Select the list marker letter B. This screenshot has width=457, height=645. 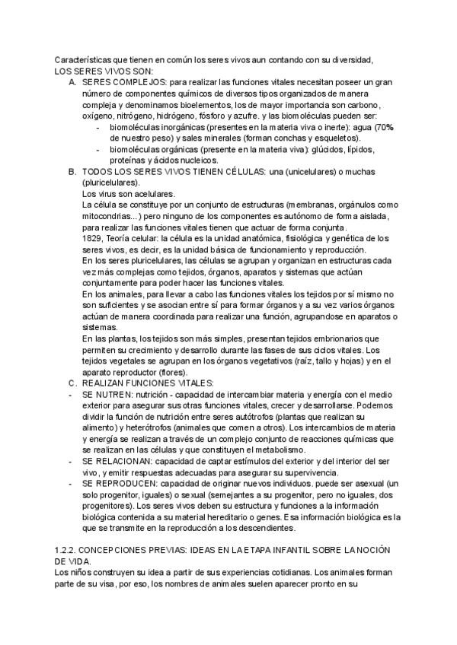[x=72, y=172]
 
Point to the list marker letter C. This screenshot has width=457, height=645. [x=72, y=383]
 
